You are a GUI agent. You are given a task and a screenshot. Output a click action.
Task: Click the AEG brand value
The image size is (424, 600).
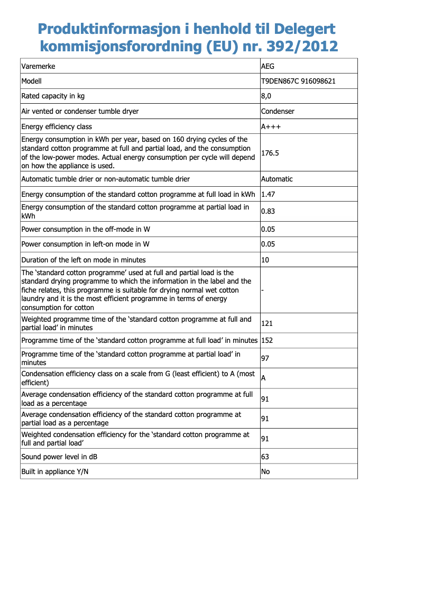(x=268, y=67)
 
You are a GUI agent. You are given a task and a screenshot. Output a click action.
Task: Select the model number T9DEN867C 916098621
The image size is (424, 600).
(x=298, y=81)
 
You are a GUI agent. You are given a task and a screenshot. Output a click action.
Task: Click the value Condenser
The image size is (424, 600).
(x=278, y=112)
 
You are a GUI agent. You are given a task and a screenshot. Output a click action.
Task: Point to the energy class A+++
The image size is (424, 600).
(x=271, y=127)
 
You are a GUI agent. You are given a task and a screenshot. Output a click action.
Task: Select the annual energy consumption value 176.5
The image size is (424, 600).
(x=270, y=153)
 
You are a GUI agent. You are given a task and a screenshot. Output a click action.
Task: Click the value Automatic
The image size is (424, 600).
(x=276, y=179)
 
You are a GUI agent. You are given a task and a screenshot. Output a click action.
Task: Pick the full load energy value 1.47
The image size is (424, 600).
(x=268, y=195)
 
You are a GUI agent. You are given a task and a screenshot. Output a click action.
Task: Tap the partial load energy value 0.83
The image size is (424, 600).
(x=268, y=212)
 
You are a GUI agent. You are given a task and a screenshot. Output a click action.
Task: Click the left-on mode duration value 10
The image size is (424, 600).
(x=265, y=260)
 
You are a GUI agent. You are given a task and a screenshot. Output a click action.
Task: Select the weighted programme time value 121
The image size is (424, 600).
(x=267, y=323)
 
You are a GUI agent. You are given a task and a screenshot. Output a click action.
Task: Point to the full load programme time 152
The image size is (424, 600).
(x=267, y=340)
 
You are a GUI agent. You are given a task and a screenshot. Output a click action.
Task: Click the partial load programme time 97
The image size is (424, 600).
(x=265, y=358)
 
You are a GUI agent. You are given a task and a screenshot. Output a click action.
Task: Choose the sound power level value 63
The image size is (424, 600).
(x=265, y=457)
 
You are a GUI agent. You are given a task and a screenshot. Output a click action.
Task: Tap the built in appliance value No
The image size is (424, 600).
(x=265, y=471)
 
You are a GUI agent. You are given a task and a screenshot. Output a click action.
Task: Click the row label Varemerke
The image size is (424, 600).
(x=38, y=67)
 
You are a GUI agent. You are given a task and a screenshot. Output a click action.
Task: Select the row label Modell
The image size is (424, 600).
(x=31, y=81)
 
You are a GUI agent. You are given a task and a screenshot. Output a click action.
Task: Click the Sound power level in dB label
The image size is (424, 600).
(x=59, y=457)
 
